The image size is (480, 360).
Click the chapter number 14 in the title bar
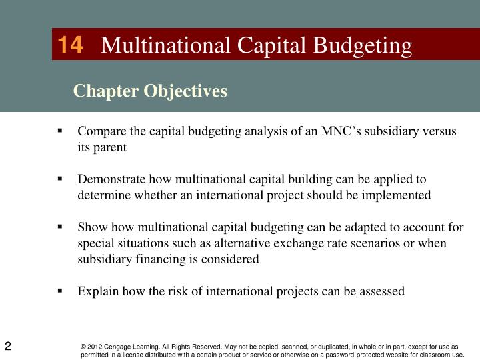tap(70, 45)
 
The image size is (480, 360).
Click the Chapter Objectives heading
tap(150, 91)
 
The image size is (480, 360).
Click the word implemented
tap(397, 195)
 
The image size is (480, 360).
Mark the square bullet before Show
tap(60, 227)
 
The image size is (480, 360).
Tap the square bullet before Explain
tap(60, 291)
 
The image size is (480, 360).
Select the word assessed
tap(380, 291)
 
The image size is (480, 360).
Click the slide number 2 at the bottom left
tap(8, 346)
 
